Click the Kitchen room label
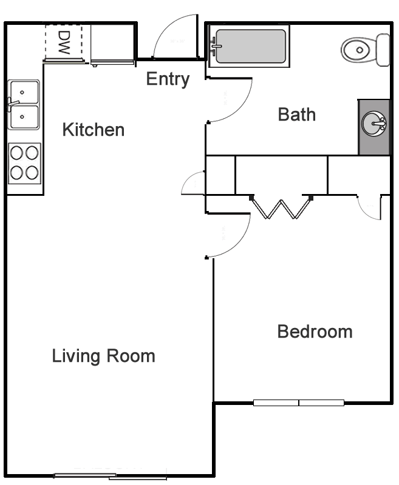[x=94, y=130]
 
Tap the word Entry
[x=168, y=79]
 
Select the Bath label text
[x=297, y=115]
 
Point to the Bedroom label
[x=315, y=332]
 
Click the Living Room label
[x=103, y=356]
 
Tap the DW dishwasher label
[x=64, y=42]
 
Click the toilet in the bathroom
[x=365, y=50]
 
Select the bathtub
[x=249, y=46]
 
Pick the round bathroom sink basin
[x=374, y=124]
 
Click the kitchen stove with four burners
[x=24, y=163]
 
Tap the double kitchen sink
[x=24, y=104]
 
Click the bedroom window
[x=299, y=403]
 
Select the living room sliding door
[x=111, y=477]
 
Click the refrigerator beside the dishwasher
[x=112, y=44]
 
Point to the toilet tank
[x=383, y=50]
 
